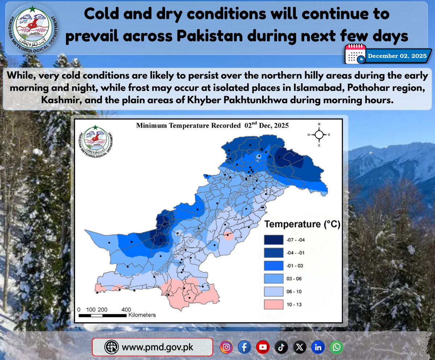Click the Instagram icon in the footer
(x=226, y=347)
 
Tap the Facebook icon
(x=245, y=347)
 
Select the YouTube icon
(x=263, y=347)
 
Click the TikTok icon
(x=281, y=347)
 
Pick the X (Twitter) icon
(x=299, y=347)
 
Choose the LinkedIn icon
(x=318, y=347)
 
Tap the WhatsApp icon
(x=336, y=347)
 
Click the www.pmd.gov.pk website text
(x=157, y=347)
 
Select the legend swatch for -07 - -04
(x=273, y=240)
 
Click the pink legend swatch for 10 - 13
(x=273, y=305)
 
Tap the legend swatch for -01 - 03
(x=273, y=266)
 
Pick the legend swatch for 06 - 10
(x=273, y=291)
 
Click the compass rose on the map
(x=319, y=135)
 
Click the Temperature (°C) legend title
(x=302, y=224)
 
